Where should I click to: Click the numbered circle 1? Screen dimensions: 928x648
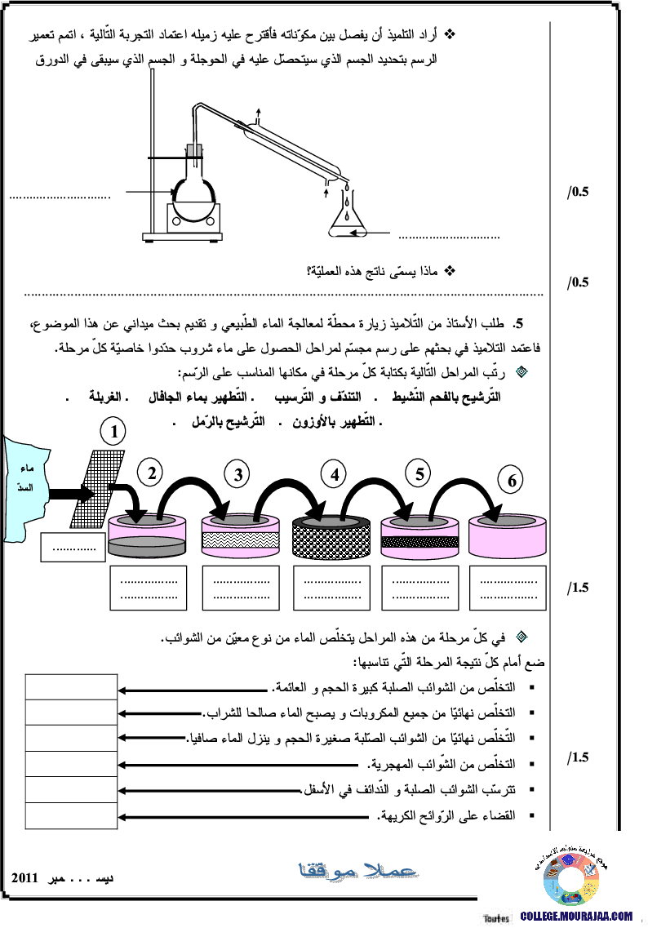[113, 430]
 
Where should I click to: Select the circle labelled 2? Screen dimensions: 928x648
[149, 472]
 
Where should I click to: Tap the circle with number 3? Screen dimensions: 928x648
[237, 475]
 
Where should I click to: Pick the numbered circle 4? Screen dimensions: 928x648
[333, 473]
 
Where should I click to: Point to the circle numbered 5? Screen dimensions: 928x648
[418, 473]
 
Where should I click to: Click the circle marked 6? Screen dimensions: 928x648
[512, 481]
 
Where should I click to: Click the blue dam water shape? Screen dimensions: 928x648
[25, 490]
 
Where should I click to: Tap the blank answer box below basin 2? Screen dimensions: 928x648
[149, 588]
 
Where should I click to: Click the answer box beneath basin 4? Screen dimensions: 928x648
[331, 588]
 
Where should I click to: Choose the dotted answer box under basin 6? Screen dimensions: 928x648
[508, 588]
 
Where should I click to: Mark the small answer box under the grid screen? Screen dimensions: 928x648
[73, 548]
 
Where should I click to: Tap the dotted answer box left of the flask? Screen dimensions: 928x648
[64, 198]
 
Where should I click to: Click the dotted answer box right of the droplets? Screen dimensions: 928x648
[452, 237]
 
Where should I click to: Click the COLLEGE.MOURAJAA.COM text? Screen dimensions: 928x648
[576, 917]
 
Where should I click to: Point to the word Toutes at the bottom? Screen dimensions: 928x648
[496, 918]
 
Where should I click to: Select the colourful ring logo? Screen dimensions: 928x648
[571, 872]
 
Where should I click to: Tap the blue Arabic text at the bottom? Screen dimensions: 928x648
[359, 871]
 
